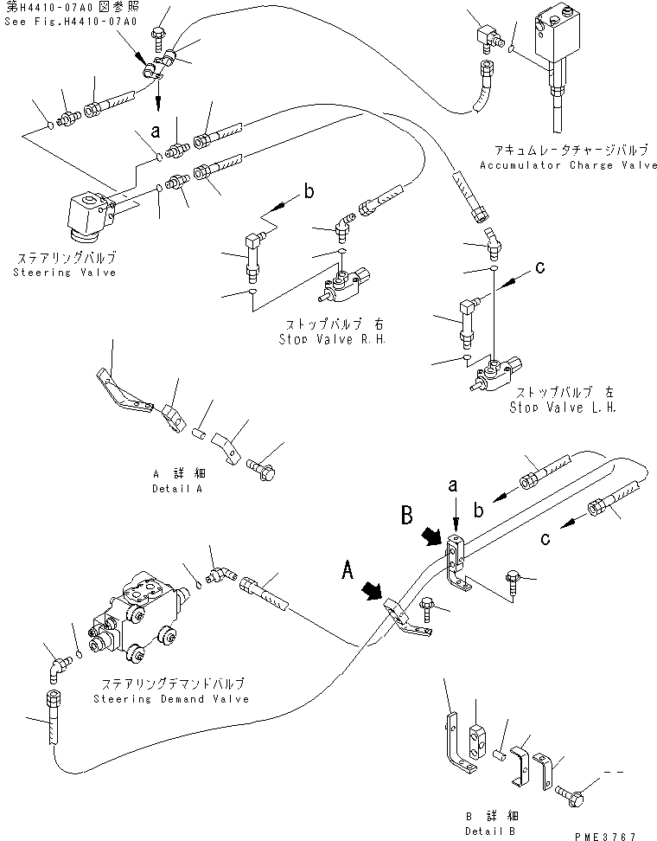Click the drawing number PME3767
click(x=605, y=836)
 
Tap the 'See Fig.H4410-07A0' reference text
click(x=59, y=22)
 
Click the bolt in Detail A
click(x=260, y=468)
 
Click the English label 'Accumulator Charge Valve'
click(x=568, y=164)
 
